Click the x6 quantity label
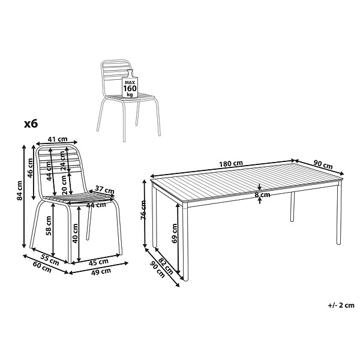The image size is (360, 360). point(31,124)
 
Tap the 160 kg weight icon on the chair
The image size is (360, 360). point(130,84)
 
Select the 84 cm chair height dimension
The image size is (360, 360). point(20,191)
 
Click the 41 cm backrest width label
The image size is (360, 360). point(58,139)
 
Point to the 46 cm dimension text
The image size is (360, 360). point(31,168)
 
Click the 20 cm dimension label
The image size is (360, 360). point(64,185)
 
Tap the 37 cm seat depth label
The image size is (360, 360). point(104,190)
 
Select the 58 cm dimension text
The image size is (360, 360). point(49,226)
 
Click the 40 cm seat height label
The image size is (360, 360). point(75,233)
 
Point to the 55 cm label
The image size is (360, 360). point(49,260)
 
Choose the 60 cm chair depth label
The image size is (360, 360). point(42,267)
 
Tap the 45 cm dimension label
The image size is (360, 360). point(98,262)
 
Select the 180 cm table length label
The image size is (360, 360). point(231,164)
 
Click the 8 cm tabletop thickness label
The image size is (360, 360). point(262,195)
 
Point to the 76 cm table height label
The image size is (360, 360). point(143,210)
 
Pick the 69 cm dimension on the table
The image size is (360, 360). point(175,233)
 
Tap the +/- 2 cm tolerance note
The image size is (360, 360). point(341,305)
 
